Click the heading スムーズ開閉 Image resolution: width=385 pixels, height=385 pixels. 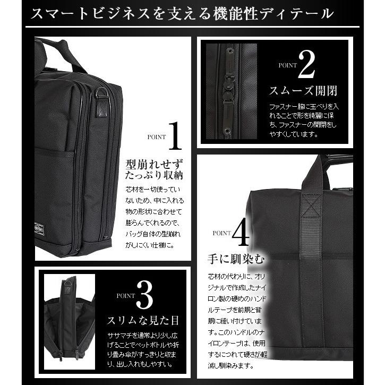pyautogui.click(x=303, y=90)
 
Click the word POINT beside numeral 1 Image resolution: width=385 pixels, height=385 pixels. pyautogui.click(x=157, y=137)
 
